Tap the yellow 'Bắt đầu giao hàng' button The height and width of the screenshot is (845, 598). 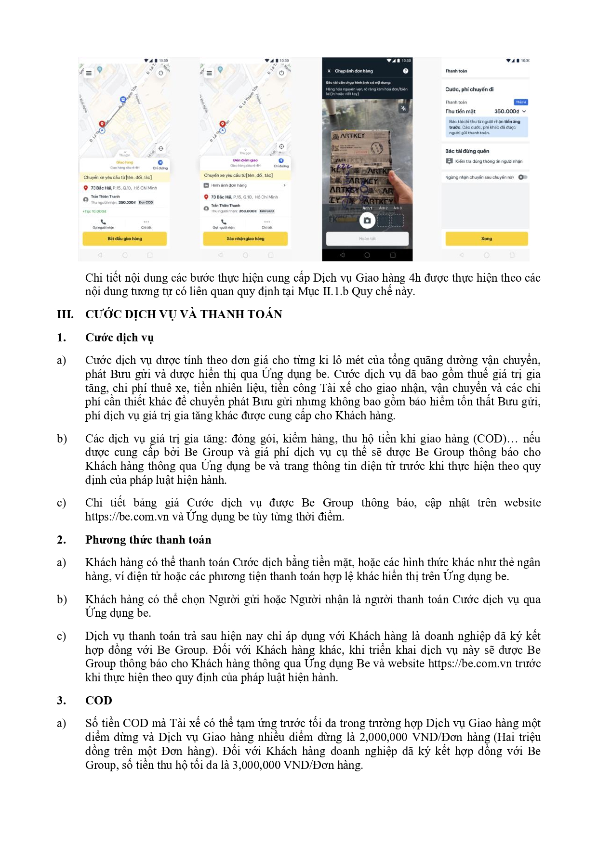(x=125, y=238)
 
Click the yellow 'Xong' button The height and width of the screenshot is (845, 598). (x=486, y=238)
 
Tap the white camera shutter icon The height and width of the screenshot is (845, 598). (x=367, y=221)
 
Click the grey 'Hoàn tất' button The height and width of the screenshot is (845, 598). (x=367, y=238)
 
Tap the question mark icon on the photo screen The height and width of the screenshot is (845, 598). (x=406, y=71)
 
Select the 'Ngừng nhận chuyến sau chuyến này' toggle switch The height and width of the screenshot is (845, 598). (x=523, y=177)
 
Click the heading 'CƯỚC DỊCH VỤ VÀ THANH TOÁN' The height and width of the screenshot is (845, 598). (x=184, y=314)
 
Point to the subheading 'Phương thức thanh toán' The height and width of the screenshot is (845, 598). (x=148, y=540)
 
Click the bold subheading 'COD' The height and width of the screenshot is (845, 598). (x=98, y=701)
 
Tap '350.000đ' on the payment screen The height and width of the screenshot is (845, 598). (x=506, y=111)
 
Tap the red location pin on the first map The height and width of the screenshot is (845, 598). (x=102, y=124)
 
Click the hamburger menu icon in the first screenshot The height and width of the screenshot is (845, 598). (x=89, y=73)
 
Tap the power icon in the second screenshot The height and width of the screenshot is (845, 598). (x=281, y=73)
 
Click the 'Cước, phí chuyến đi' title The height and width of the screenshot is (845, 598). (x=469, y=90)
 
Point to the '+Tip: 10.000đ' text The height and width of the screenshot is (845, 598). (x=94, y=211)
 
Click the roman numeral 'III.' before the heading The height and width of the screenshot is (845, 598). (x=65, y=314)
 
